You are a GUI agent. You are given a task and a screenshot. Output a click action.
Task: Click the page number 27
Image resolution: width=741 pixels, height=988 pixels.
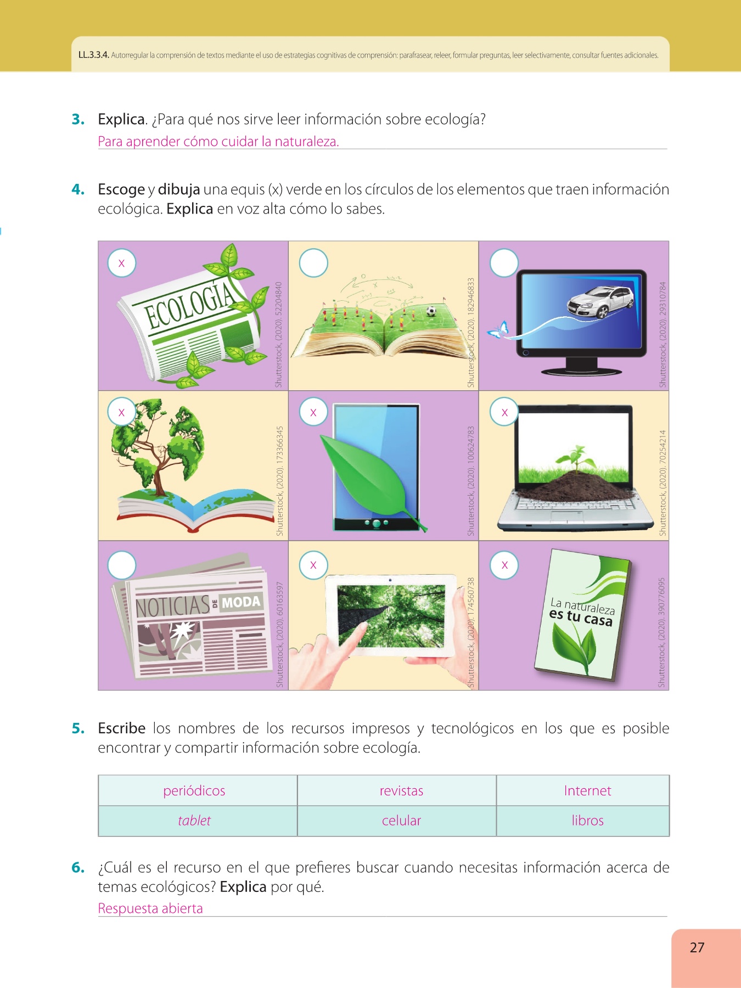click(x=697, y=947)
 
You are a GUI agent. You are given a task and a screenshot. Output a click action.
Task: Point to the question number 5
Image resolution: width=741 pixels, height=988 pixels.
click(x=78, y=728)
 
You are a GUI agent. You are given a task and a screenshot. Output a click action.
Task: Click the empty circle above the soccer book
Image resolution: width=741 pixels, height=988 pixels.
click(x=313, y=263)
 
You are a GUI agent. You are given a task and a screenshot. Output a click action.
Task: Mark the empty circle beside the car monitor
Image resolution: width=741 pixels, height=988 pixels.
click(x=504, y=263)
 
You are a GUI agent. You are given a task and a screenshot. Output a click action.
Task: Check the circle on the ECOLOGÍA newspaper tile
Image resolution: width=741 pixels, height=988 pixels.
click(x=122, y=263)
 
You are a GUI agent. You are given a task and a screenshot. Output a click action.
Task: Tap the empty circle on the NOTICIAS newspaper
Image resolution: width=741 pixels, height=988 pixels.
click(x=122, y=565)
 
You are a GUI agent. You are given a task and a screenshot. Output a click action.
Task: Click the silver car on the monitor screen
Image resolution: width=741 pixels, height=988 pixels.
click(x=600, y=301)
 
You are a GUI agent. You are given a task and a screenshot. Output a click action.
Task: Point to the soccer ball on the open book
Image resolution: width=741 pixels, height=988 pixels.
click(x=431, y=311)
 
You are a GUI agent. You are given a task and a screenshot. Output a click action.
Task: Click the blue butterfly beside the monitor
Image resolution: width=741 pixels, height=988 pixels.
click(x=498, y=330)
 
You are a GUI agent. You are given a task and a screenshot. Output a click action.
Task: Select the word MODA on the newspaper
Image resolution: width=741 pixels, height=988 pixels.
click(x=241, y=602)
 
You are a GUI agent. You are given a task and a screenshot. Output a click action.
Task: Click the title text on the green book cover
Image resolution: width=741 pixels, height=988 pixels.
click(x=582, y=612)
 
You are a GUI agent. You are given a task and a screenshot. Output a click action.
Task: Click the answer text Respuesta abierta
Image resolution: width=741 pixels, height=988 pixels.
click(x=150, y=908)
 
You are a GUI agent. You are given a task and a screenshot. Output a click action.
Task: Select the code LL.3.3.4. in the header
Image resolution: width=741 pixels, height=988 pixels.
click(x=94, y=55)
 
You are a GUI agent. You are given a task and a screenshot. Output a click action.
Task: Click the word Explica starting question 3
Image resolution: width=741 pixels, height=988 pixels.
click(x=122, y=120)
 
